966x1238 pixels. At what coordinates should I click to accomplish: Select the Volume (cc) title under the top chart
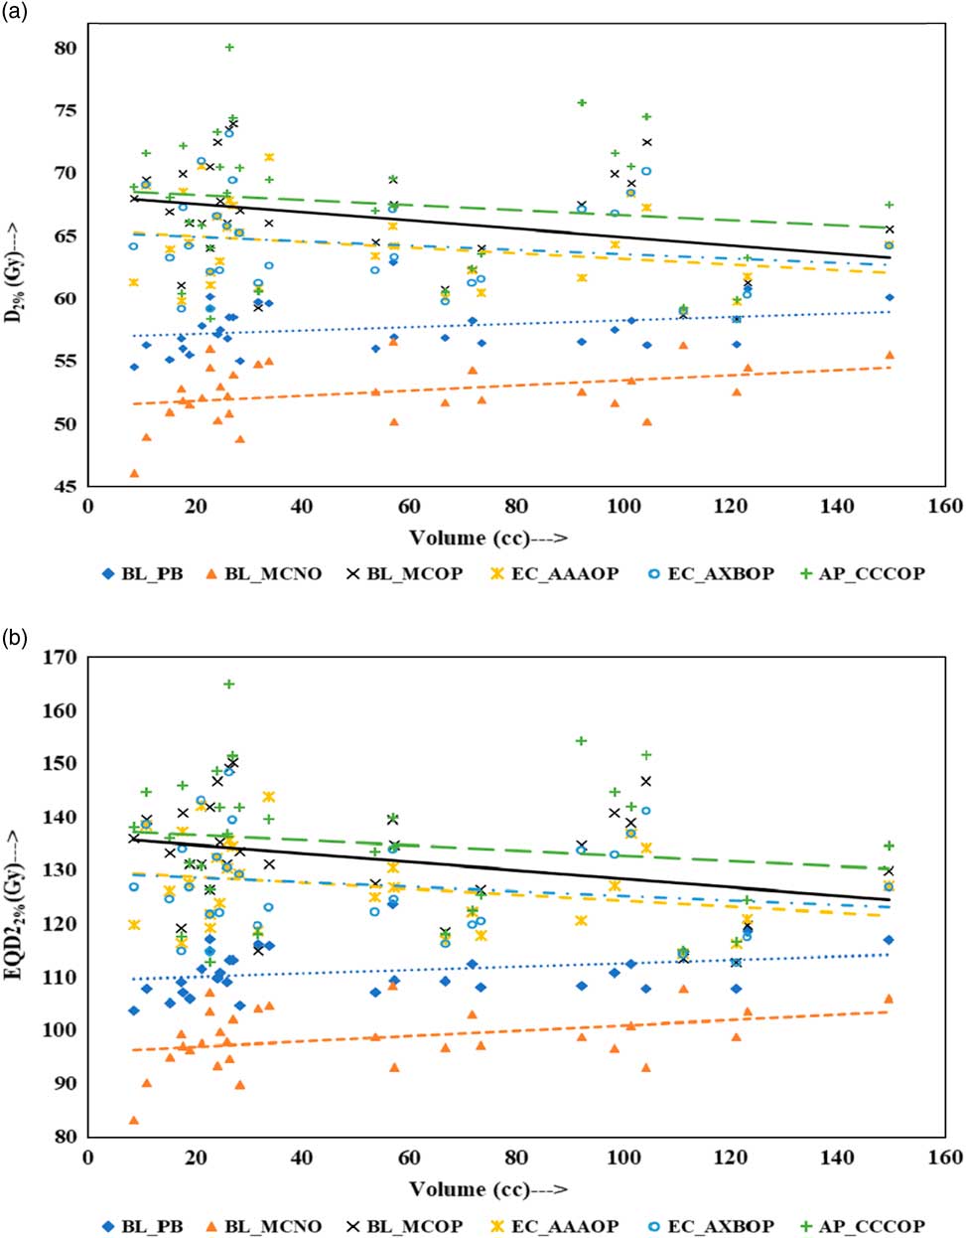click(487, 538)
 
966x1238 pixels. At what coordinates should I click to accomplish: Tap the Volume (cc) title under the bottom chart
click(487, 1189)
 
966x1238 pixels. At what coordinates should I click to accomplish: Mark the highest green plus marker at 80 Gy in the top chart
click(229, 47)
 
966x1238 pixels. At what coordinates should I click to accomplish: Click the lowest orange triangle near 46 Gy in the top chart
click(134, 473)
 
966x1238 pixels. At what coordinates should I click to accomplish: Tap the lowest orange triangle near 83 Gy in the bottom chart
click(134, 1120)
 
